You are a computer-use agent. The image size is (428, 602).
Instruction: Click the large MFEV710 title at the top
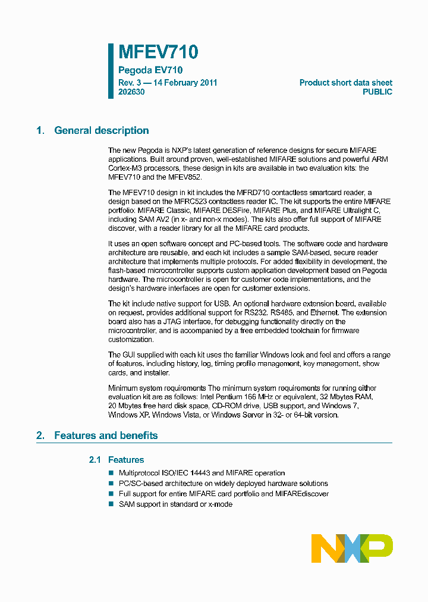[x=158, y=52]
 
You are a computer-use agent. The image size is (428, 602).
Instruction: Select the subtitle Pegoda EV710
[x=146, y=70]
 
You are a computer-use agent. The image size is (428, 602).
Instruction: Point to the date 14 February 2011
[x=185, y=83]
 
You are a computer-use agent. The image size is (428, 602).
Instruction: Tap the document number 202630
[x=131, y=92]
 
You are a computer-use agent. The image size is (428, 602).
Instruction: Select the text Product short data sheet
[x=345, y=83]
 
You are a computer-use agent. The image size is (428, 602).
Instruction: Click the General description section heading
[x=101, y=131]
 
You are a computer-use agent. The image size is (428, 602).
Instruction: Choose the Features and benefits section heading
[x=106, y=435]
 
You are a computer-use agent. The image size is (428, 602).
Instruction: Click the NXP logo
[x=352, y=548]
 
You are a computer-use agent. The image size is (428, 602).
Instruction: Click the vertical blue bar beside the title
[x=111, y=70]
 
